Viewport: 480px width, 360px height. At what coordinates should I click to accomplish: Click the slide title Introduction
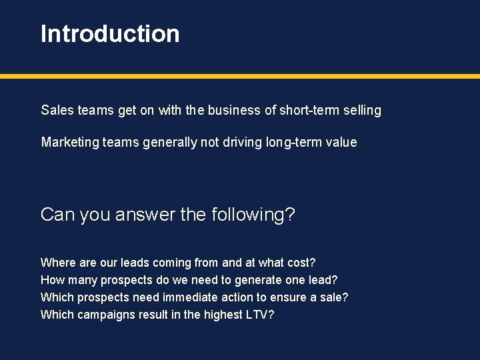pyautogui.click(x=110, y=34)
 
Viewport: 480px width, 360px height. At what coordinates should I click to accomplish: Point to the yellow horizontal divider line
pyautogui.click(x=240, y=77)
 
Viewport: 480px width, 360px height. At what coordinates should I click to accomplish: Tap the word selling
pyautogui.click(x=362, y=110)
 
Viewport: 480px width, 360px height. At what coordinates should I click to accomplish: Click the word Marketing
pyautogui.click(x=69, y=142)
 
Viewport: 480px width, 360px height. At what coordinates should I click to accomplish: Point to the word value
pyautogui.click(x=341, y=142)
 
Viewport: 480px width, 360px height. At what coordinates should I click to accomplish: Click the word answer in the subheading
pyautogui.click(x=141, y=215)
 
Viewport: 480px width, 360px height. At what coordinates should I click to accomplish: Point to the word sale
pyautogui.click(x=332, y=297)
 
